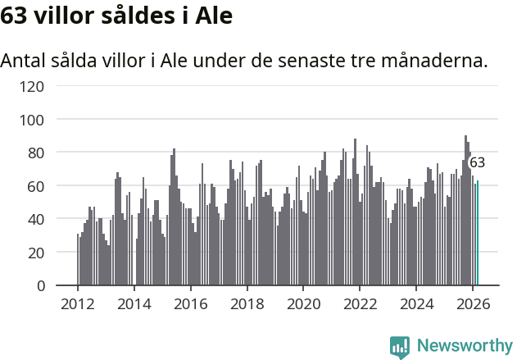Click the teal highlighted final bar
478,234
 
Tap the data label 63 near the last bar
477,162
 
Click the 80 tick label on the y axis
35,153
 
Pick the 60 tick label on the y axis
35,186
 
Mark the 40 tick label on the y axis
35,219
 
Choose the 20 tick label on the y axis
35,253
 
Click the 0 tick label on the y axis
39,286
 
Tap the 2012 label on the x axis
78,303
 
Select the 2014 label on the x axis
134,303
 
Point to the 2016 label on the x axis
190,303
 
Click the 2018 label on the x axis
247,303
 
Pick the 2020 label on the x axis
303,303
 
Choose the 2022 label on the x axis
359,303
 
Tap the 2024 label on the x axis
415,303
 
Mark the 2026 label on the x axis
472,303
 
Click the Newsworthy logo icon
400,347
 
